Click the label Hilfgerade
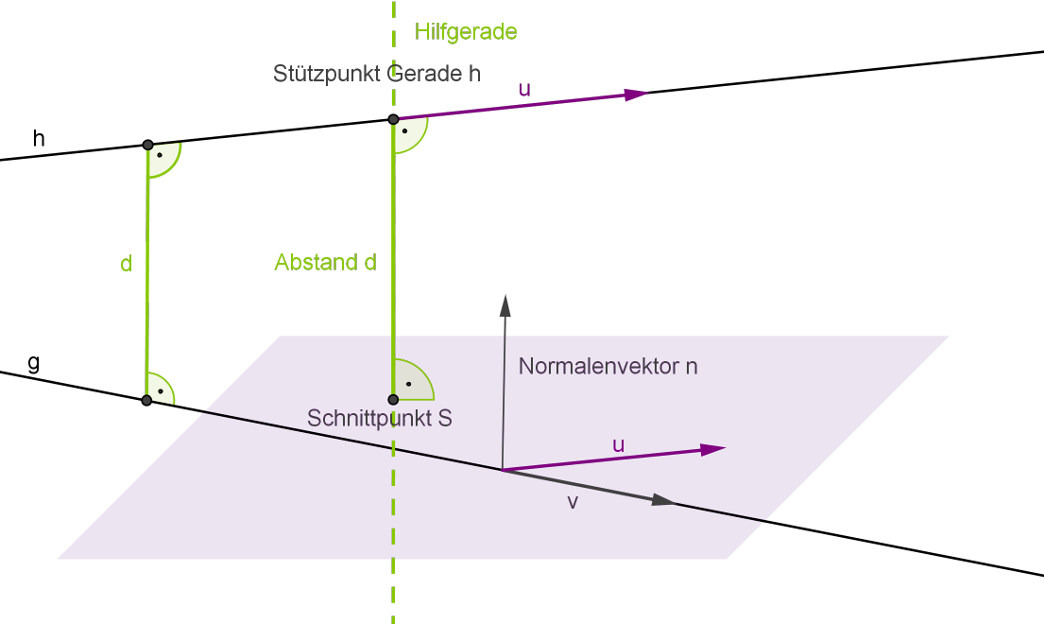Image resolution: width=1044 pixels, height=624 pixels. (x=466, y=32)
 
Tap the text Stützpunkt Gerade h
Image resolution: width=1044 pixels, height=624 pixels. (x=376, y=73)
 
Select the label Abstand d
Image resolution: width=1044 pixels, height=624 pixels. (x=325, y=263)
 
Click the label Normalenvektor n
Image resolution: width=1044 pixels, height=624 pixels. (x=608, y=366)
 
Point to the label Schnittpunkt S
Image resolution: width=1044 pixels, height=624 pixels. (x=379, y=418)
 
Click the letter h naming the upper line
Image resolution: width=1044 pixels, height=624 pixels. (x=39, y=139)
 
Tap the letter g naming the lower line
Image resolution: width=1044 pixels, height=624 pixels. (x=34, y=362)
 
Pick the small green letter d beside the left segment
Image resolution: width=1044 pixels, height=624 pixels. (x=126, y=265)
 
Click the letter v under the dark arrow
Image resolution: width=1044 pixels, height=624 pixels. (x=572, y=502)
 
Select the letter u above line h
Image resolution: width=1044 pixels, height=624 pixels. (x=524, y=89)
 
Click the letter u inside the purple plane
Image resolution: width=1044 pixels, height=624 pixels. (x=618, y=444)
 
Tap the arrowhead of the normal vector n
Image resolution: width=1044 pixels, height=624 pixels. (x=505, y=303)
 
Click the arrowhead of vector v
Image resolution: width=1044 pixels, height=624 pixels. (x=666, y=501)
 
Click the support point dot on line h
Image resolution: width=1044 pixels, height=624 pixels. (x=393, y=119)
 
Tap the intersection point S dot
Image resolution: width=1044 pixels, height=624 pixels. (x=393, y=399)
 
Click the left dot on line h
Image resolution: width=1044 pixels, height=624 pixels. (x=147, y=145)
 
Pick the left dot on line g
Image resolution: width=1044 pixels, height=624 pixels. (x=146, y=400)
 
